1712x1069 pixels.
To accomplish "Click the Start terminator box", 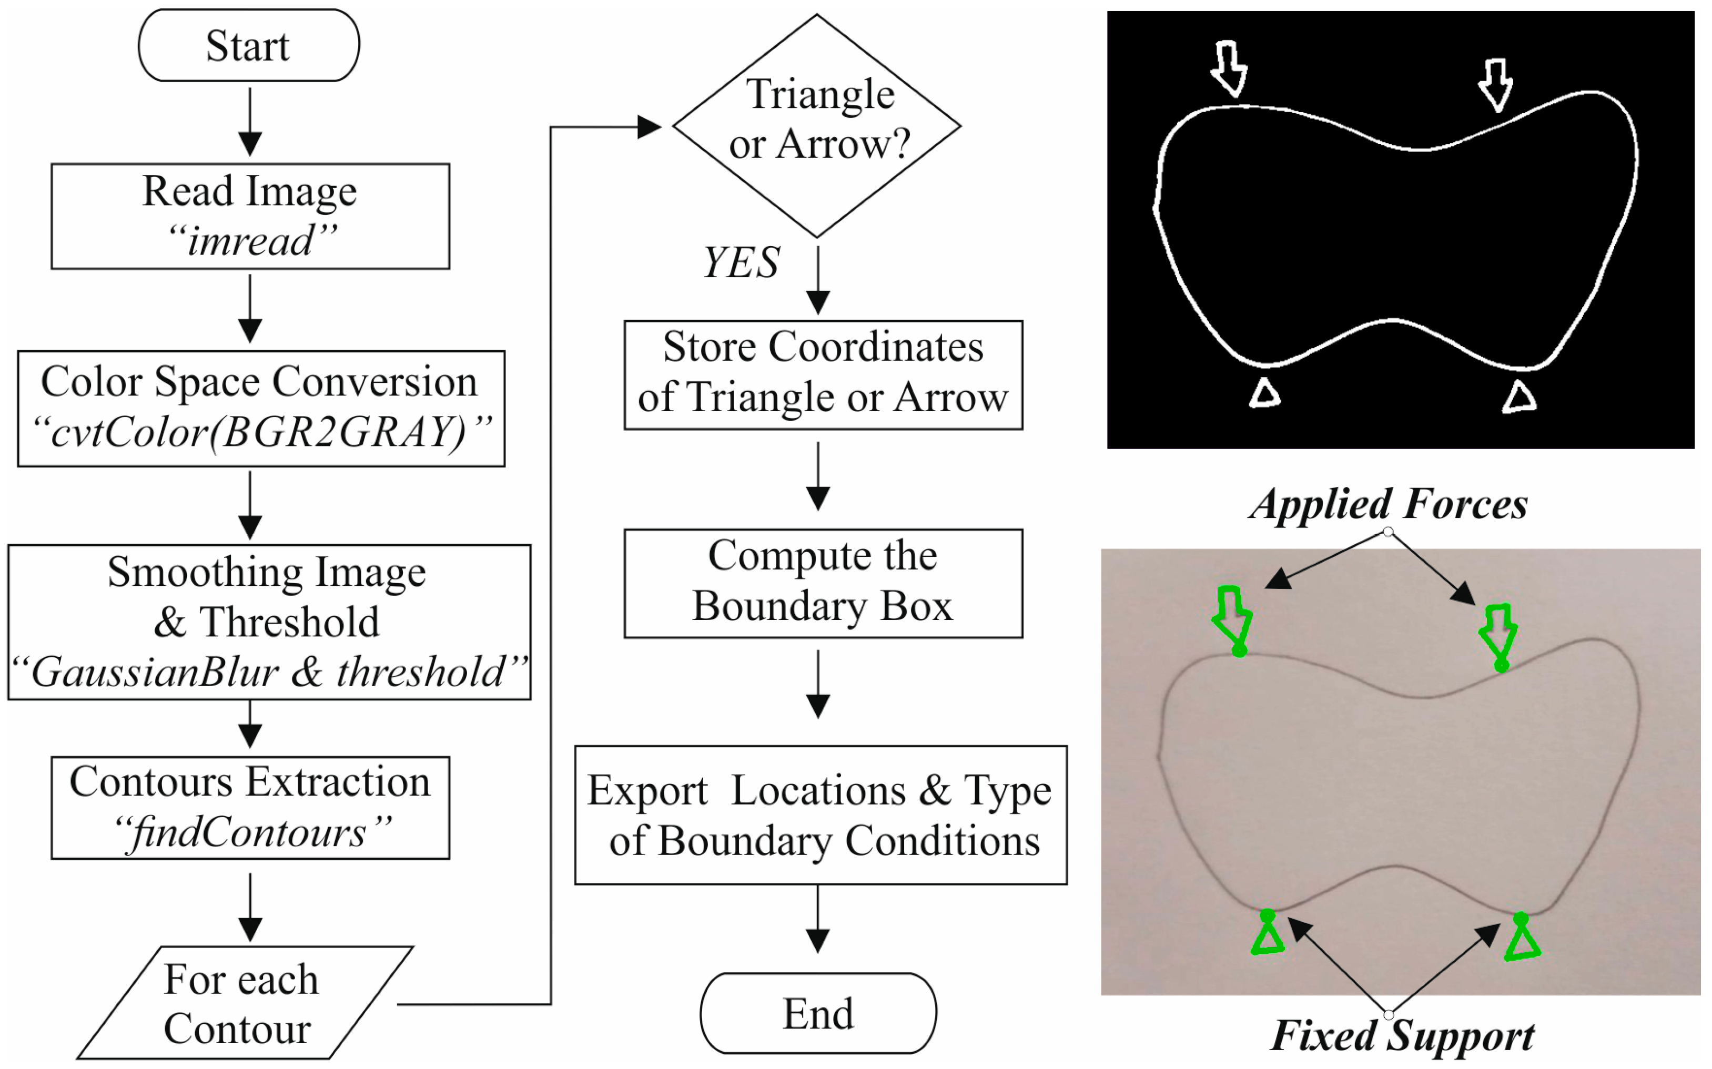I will click(248, 45).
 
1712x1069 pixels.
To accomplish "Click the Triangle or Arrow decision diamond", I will click(817, 125).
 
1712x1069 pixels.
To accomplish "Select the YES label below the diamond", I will click(741, 263).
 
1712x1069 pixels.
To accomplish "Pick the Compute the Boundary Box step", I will click(823, 583).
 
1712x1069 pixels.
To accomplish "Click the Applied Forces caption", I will click(1387, 505).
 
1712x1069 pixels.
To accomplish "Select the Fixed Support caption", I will click(1402, 1036).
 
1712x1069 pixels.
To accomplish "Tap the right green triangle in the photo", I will click(1521, 940).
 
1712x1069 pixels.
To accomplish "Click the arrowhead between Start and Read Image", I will click(250, 144).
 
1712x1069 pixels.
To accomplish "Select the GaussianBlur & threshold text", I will click(269, 671).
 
